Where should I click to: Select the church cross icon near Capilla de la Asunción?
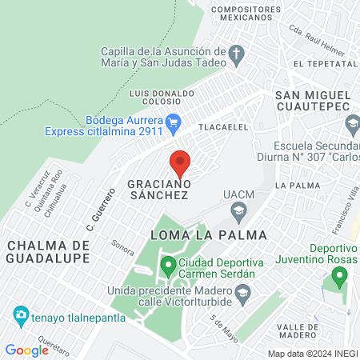click(x=236, y=55)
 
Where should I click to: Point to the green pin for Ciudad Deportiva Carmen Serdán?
click(x=167, y=265)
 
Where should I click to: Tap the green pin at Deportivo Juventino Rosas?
click(x=339, y=278)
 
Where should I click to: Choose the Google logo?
click(x=26, y=350)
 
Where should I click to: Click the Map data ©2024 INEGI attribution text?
click(x=312, y=353)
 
